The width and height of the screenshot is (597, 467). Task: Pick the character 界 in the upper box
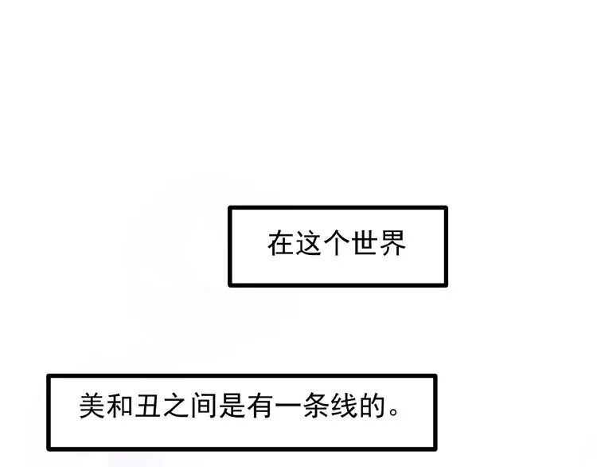tap(393, 243)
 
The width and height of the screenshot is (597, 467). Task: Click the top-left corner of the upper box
tap(230, 208)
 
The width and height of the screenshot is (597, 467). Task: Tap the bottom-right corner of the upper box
tap(446, 285)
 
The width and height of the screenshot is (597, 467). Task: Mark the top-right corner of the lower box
tap(435, 375)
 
